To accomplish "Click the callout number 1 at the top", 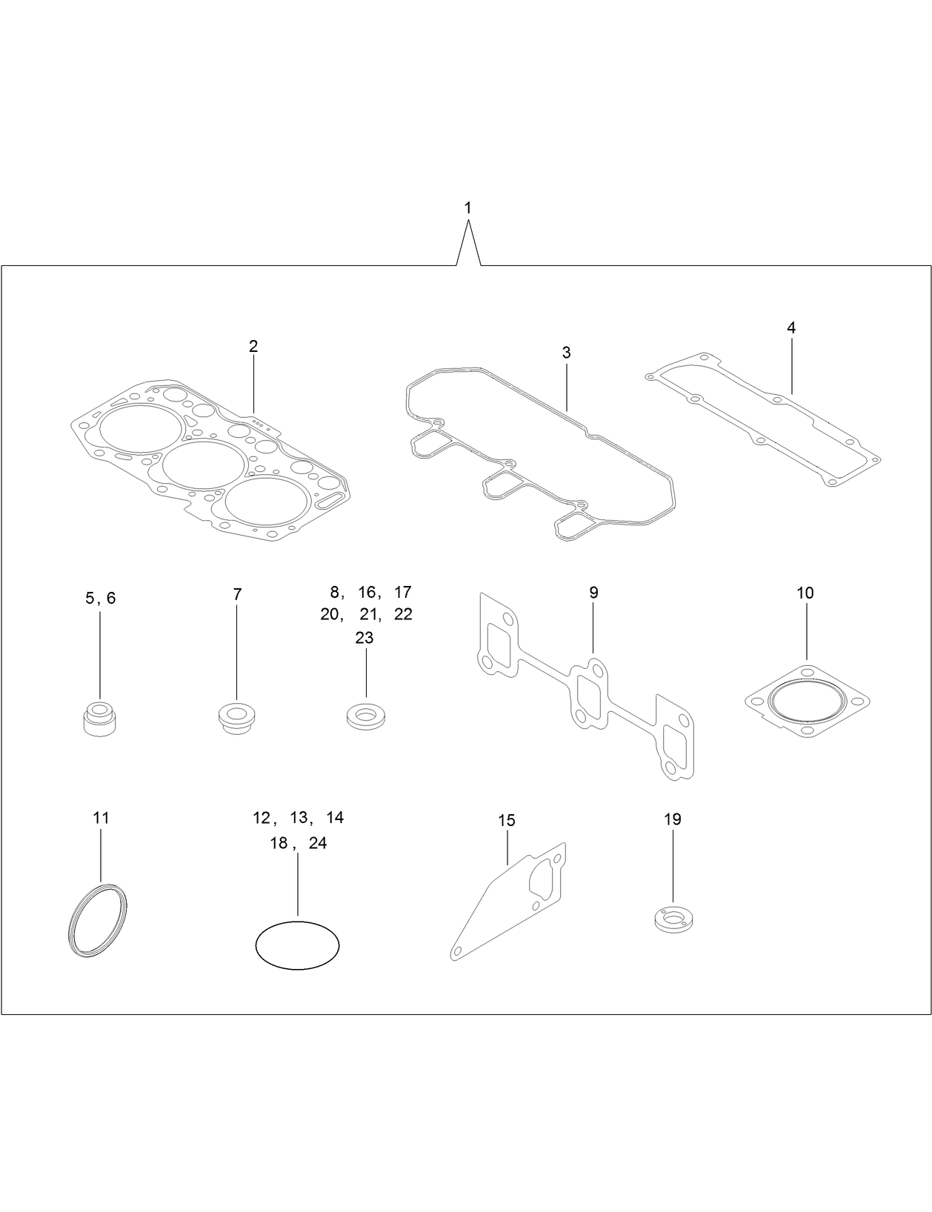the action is pyautogui.click(x=467, y=208).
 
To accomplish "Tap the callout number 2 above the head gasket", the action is pyautogui.click(x=253, y=346).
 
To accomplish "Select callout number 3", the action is pyautogui.click(x=566, y=353).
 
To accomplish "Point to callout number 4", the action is pyautogui.click(x=791, y=327).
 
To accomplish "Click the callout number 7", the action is pyautogui.click(x=237, y=594).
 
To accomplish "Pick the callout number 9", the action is pyautogui.click(x=593, y=593).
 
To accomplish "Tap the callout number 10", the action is pyautogui.click(x=805, y=593).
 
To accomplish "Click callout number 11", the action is pyautogui.click(x=101, y=818).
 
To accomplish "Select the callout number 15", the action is pyautogui.click(x=507, y=820).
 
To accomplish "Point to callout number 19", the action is pyautogui.click(x=672, y=819).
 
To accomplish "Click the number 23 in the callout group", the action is pyautogui.click(x=365, y=638).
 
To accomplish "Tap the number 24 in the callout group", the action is pyautogui.click(x=318, y=843).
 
